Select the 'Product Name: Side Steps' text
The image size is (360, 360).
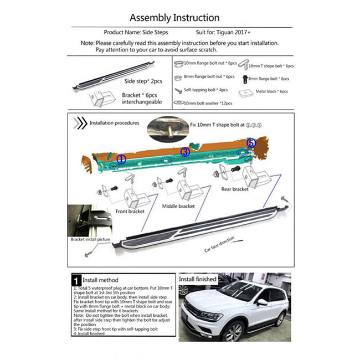click(x=137, y=32)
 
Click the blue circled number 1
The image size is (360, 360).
click(x=121, y=159)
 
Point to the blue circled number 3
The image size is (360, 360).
click(x=185, y=151)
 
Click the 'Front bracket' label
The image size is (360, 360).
click(x=129, y=212)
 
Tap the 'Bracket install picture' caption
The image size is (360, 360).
click(x=90, y=239)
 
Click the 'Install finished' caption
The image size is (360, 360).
click(x=197, y=279)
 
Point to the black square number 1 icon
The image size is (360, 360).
click(x=77, y=280)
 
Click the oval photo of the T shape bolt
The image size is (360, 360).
click(x=168, y=128)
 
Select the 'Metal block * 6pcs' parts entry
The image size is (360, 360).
click(x=266, y=91)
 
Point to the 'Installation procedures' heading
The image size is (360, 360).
click(x=114, y=123)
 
